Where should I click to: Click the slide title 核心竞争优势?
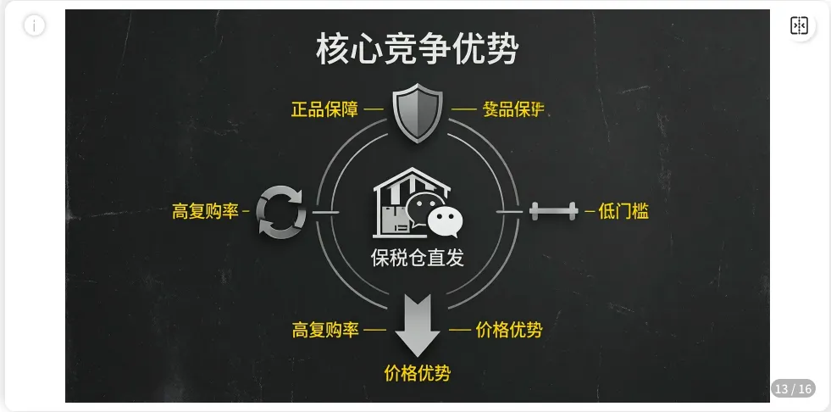[x=417, y=49]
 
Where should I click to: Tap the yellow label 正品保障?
[x=324, y=109]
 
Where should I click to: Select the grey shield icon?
[x=418, y=112]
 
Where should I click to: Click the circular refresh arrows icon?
[x=281, y=210]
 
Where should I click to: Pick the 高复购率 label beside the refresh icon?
[x=206, y=212]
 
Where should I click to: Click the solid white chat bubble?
[x=445, y=221]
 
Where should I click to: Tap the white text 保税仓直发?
[x=418, y=258]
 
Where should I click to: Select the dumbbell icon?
[x=553, y=210]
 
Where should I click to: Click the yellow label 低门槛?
[x=623, y=212]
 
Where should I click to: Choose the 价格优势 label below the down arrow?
[x=418, y=373]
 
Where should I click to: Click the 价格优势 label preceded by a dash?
[x=508, y=330]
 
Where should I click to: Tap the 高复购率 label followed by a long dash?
[x=325, y=330]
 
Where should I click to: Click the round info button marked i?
[x=34, y=25]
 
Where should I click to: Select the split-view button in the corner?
[x=799, y=25]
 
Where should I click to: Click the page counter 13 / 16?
[x=793, y=389]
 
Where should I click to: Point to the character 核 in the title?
[x=332, y=49]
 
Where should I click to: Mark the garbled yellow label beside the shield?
[x=513, y=109]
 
